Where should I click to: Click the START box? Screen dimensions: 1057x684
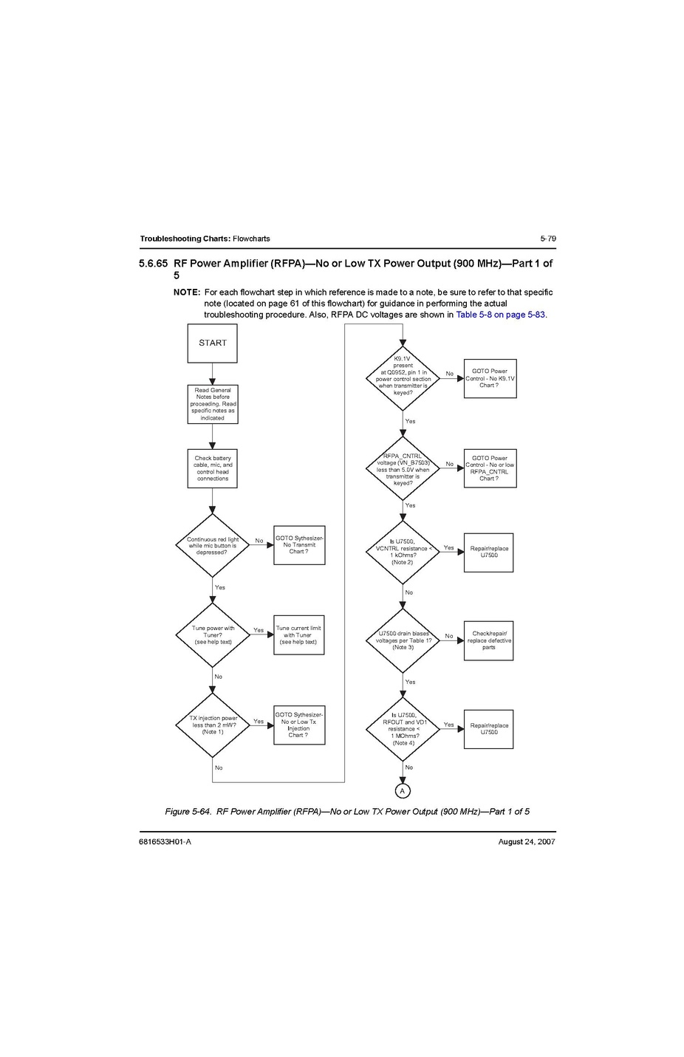tap(213, 343)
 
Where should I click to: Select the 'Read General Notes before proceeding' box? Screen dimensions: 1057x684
tap(213, 404)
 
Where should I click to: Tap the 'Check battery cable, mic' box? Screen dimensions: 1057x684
tap(213, 468)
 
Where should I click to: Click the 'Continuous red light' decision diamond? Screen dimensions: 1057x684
tap(213, 546)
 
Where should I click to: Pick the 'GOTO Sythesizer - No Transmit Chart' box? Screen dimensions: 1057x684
tap(299, 545)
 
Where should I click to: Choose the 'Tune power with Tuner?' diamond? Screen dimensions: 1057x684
tap(213, 635)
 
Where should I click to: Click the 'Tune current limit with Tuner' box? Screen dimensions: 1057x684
tap(299, 635)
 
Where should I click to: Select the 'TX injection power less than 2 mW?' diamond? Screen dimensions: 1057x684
tap(213, 725)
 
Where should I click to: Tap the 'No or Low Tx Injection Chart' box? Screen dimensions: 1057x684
tap(299, 725)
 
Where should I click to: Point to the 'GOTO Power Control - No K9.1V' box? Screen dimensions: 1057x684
tap(490, 378)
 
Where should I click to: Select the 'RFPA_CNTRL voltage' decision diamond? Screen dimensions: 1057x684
tap(403, 468)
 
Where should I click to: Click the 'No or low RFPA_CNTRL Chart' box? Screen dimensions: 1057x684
tap(490, 468)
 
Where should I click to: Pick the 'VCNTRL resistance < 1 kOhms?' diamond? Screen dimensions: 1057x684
tap(403, 552)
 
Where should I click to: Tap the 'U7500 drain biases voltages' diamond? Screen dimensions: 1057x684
tap(403, 640)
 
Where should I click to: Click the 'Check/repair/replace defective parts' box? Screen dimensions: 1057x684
tap(489, 640)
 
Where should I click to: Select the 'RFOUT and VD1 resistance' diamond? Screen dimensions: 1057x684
tap(403, 729)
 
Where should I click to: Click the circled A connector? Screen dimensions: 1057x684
tap(403, 791)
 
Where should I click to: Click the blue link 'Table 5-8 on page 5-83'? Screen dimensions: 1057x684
tap(501, 315)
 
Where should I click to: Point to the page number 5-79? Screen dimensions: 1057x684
tap(547, 239)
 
